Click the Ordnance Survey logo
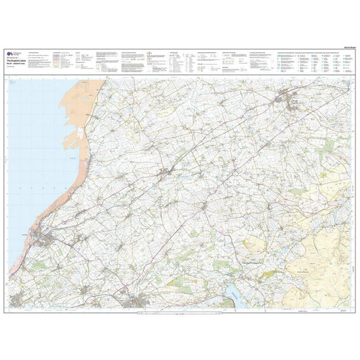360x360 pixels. point(10,54)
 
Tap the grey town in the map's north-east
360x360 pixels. point(285,99)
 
